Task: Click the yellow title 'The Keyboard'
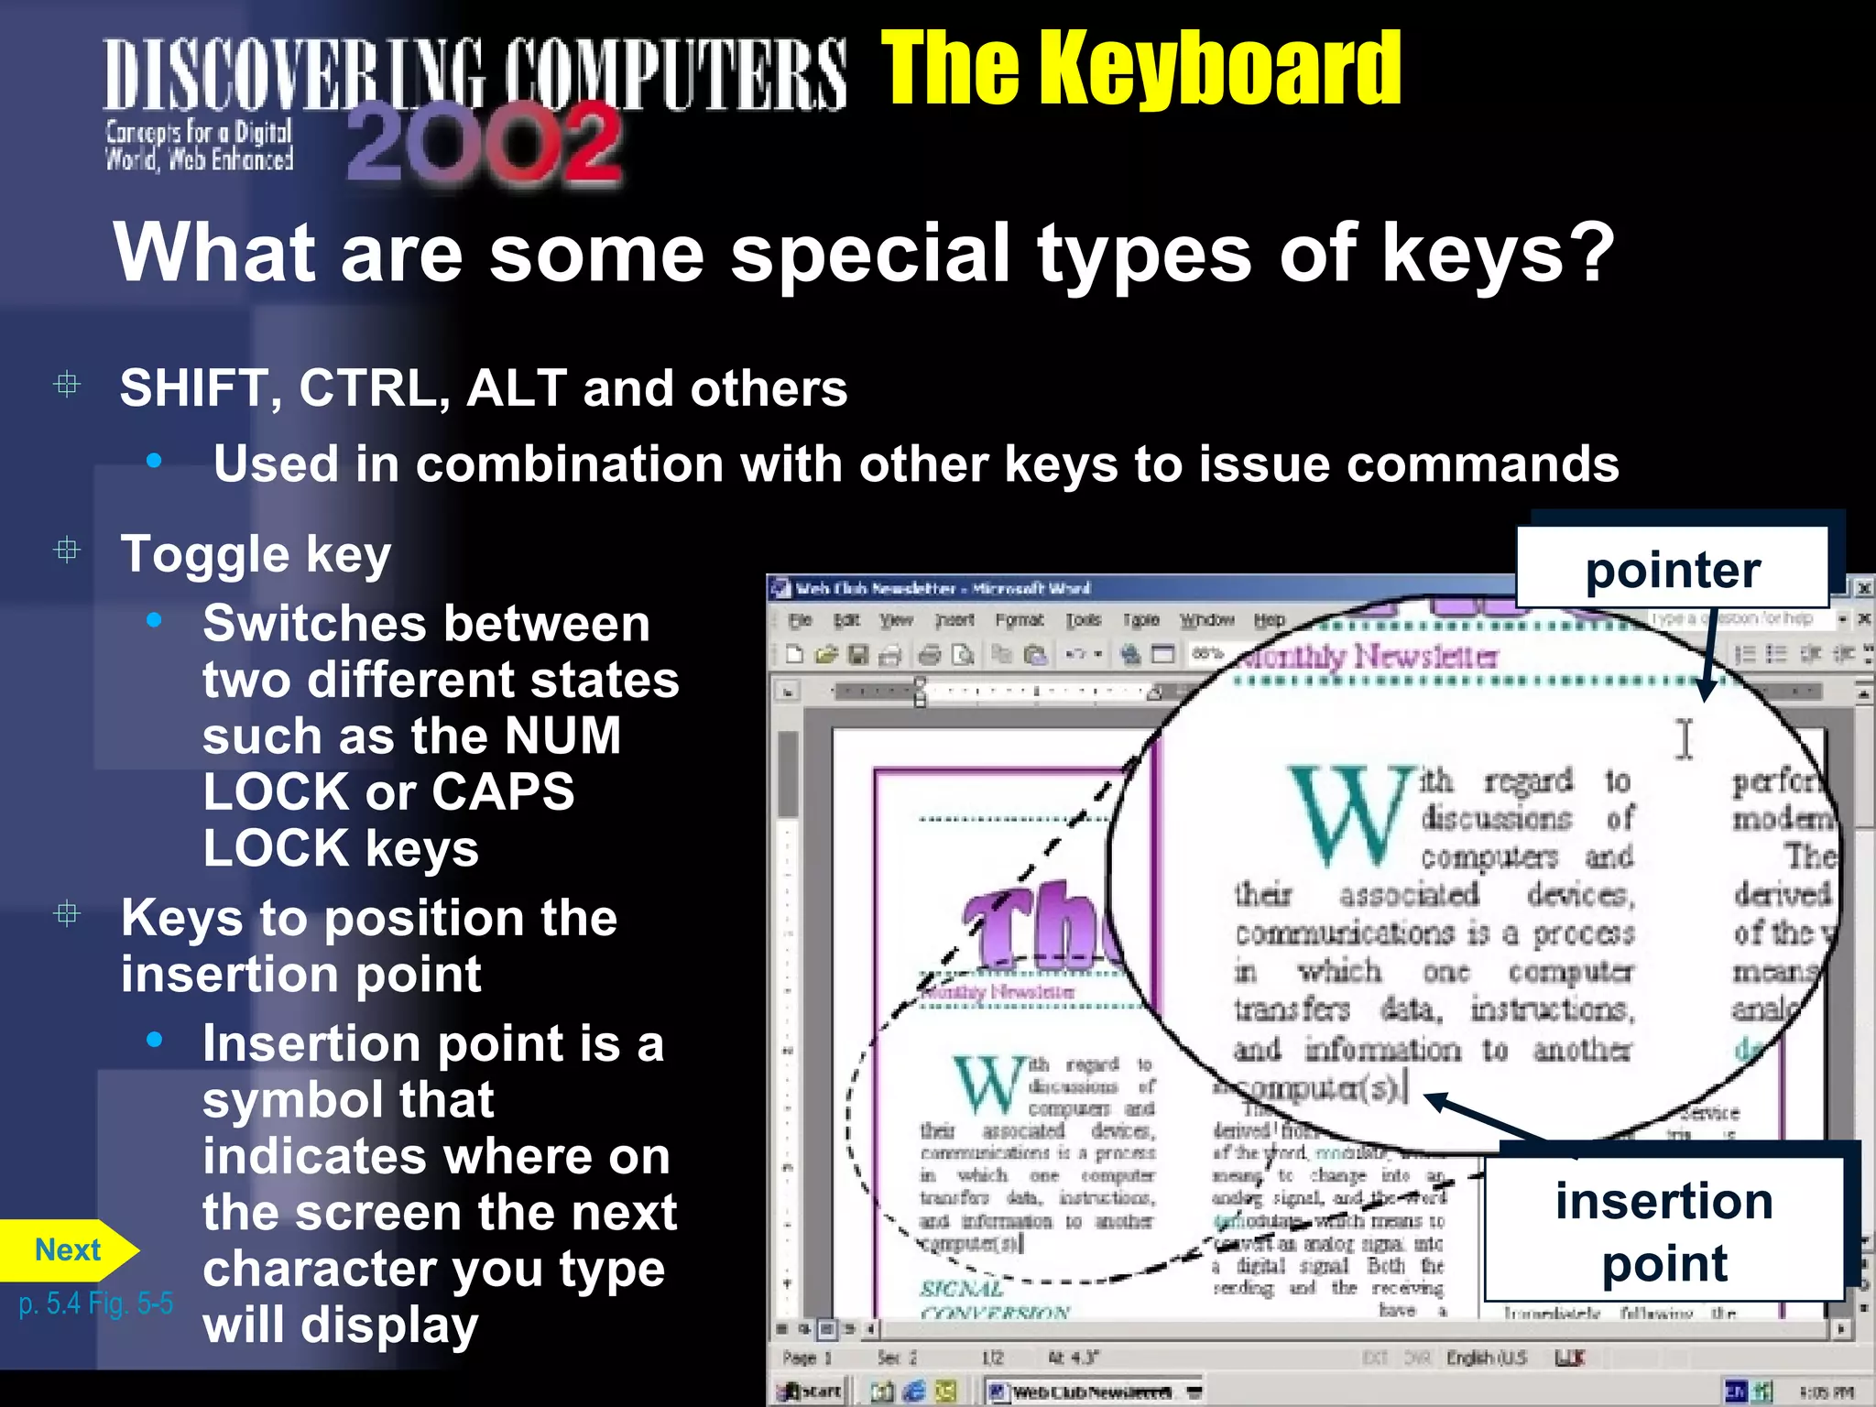(1140, 68)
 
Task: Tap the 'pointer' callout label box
(1673, 569)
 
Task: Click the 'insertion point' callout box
(1663, 1230)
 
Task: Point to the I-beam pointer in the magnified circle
(1685, 738)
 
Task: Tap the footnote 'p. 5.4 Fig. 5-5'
(95, 1303)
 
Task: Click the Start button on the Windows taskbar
(811, 1391)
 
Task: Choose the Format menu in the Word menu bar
(1019, 620)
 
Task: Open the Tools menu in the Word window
(1083, 620)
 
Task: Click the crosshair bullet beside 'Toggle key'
(67, 551)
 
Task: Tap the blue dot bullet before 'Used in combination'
(154, 461)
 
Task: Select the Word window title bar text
(943, 589)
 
